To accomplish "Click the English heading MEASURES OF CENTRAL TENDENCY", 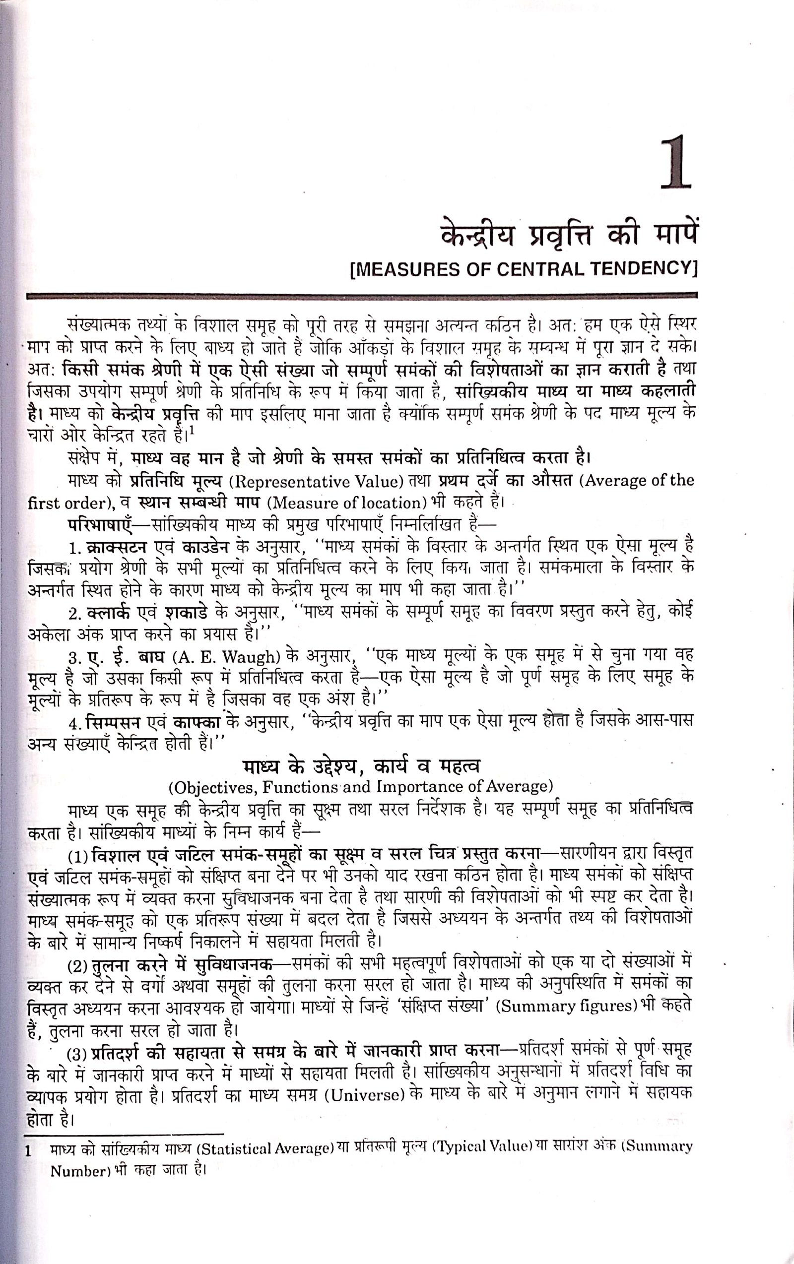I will point(523,269).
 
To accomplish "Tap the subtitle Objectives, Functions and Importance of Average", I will point(361,787).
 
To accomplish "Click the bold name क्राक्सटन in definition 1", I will point(116,548).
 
